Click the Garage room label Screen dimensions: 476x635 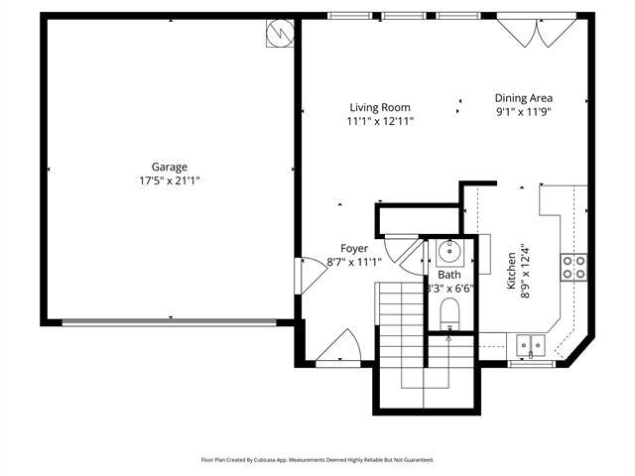coord(170,168)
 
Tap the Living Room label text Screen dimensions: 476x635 coord(380,108)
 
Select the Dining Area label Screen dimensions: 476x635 coord(524,98)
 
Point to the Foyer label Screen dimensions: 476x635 coord(354,248)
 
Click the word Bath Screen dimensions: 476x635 coord(449,275)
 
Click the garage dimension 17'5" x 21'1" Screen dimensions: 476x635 coord(170,181)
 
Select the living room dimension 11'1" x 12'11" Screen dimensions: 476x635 coord(380,121)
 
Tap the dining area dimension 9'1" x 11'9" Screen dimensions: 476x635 coord(524,111)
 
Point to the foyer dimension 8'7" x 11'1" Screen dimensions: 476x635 coord(354,262)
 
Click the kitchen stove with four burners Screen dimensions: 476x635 coord(573,266)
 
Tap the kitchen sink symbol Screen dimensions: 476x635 coord(536,345)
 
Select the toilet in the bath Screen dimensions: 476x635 coord(448,316)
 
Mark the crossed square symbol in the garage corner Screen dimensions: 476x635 coord(280,34)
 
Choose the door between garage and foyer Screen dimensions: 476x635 coord(311,275)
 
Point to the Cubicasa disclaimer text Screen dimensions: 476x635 coord(317,460)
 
